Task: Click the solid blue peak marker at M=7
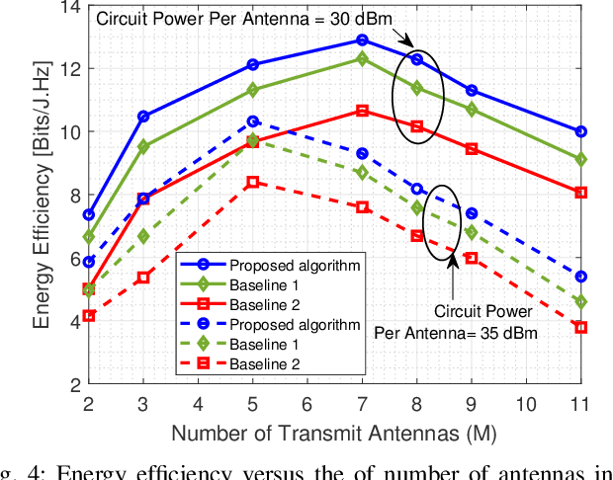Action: point(362,40)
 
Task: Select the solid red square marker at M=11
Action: point(580,193)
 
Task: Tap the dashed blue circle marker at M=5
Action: point(253,121)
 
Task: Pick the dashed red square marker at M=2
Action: point(89,315)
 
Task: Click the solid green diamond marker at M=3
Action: point(143,146)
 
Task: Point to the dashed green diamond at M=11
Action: point(580,301)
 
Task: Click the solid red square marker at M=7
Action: point(362,111)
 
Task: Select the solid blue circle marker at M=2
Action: point(89,214)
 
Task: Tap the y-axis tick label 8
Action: point(69,195)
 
